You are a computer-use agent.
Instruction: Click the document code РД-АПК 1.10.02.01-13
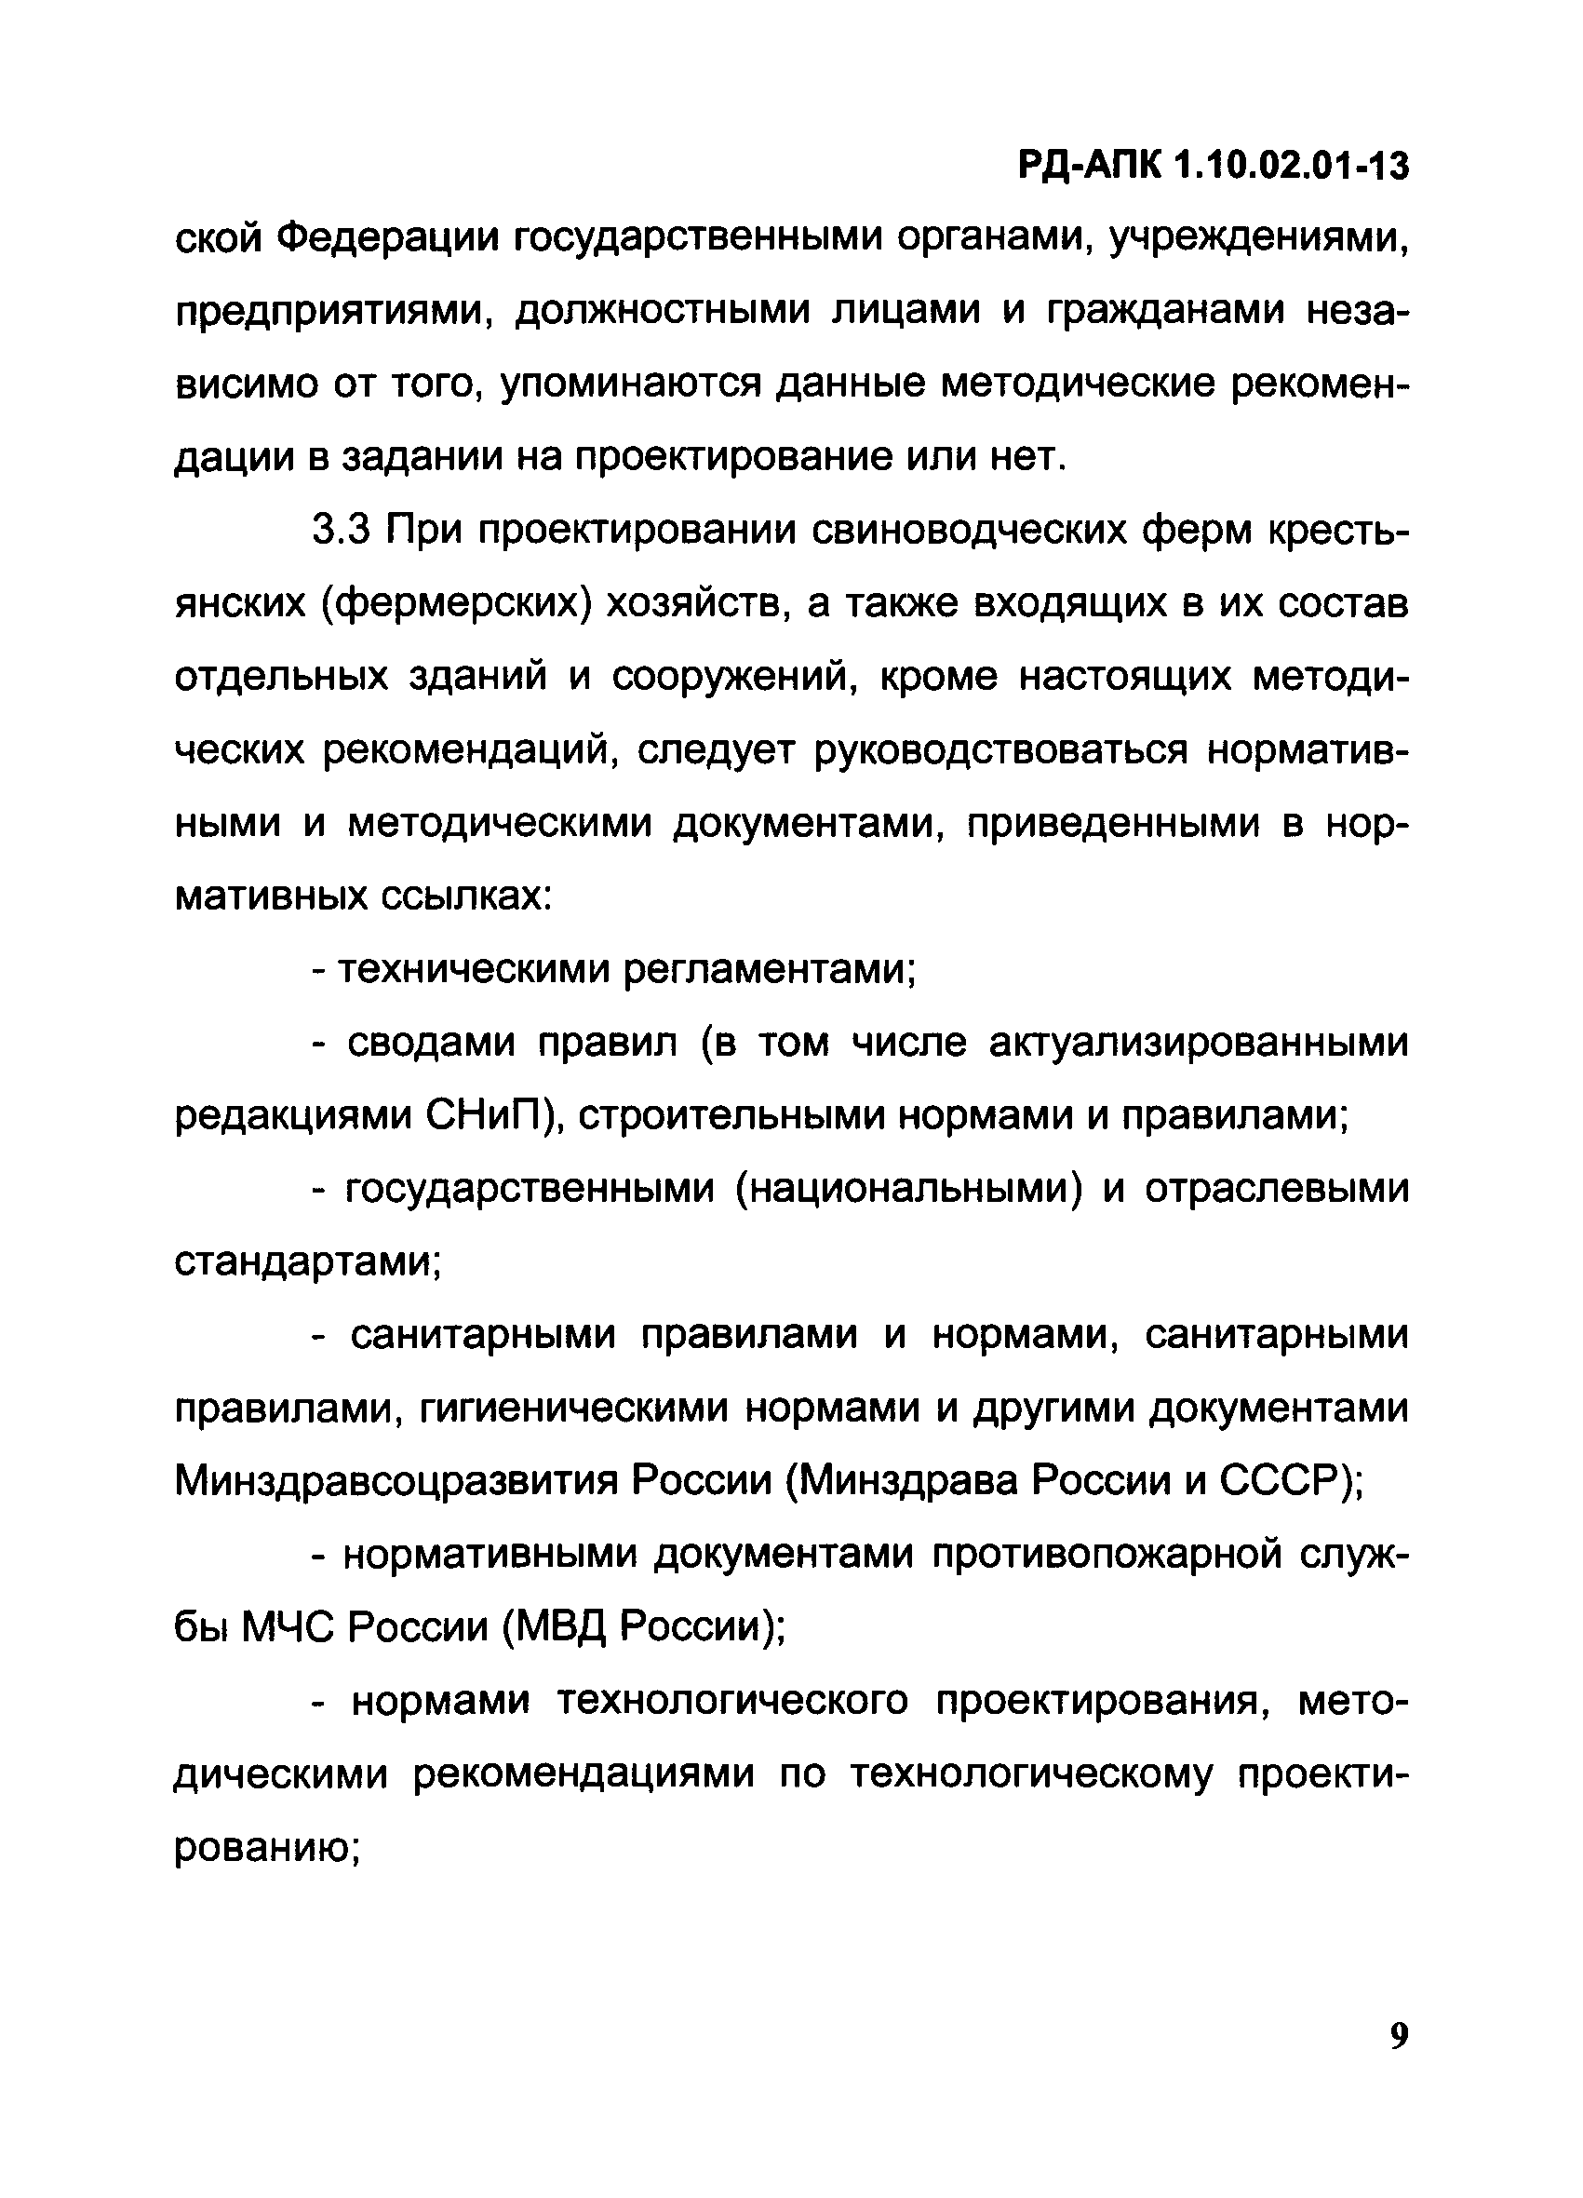coord(1213,167)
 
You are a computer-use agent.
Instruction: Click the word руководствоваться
coord(999,751)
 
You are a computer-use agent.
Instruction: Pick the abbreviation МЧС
coord(287,1628)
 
